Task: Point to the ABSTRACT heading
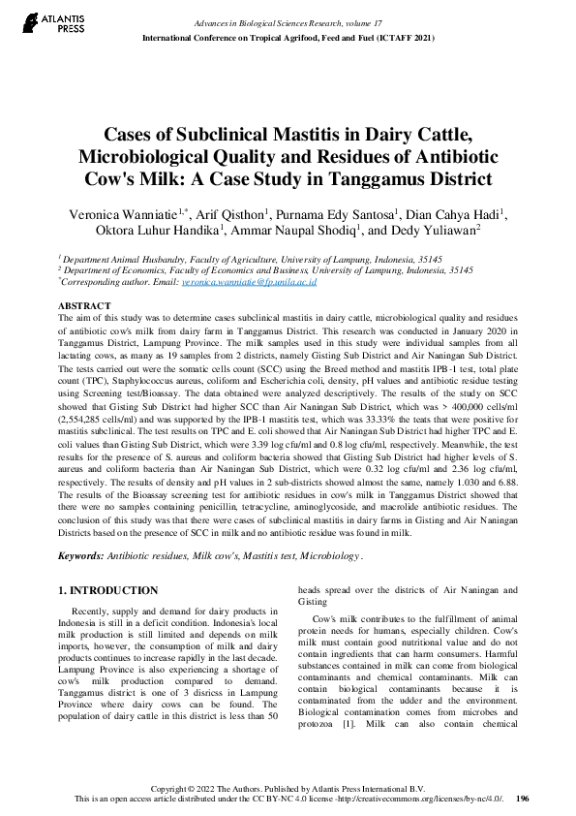pyautogui.click(x=84, y=305)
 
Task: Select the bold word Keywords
pyautogui.click(x=81, y=556)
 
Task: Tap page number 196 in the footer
pyautogui.click(x=523, y=799)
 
